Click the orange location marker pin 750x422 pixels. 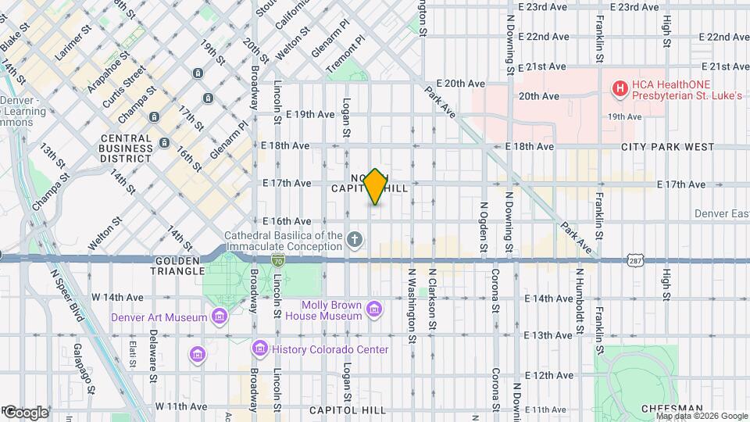(376, 187)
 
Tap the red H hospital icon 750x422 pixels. (620, 89)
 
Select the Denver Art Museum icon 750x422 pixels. (220, 316)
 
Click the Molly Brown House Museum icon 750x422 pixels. (375, 309)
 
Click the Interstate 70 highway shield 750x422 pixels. (278, 259)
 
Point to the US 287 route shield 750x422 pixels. (634, 259)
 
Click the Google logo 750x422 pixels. (25, 412)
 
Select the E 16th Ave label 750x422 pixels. (287, 221)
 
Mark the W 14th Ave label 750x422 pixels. (117, 298)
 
